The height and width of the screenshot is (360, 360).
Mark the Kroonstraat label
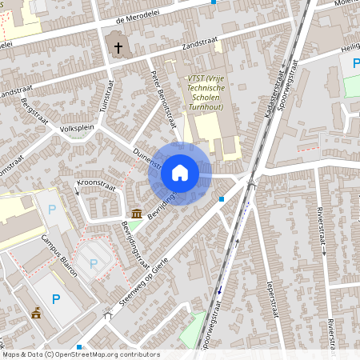(x=95, y=189)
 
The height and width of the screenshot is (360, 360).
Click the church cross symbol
(x=118, y=48)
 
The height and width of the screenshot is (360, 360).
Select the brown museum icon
(x=137, y=214)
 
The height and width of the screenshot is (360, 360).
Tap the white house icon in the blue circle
(x=180, y=173)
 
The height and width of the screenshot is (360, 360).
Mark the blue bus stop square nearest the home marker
(x=222, y=198)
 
